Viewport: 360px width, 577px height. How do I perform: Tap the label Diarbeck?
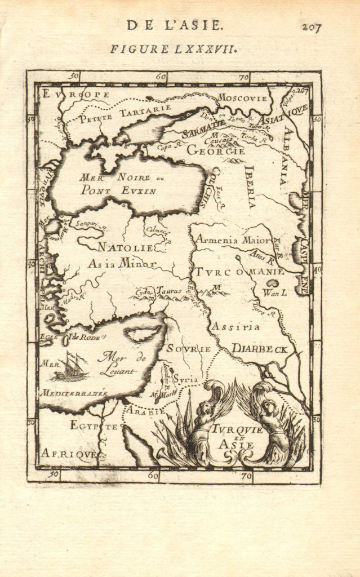tap(260, 349)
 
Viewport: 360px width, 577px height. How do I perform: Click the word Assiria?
tap(235, 326)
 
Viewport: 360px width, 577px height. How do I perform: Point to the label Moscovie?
tap(242, 97)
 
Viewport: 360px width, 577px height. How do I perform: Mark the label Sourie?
tap(189, 349)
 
